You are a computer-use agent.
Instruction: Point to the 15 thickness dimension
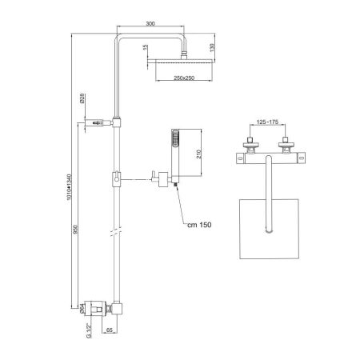click(144, 49)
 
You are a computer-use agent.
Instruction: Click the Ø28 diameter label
click(83, 102)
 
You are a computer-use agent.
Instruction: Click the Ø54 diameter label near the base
click(82, 306)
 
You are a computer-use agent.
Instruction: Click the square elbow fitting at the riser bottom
click(118, 307)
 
